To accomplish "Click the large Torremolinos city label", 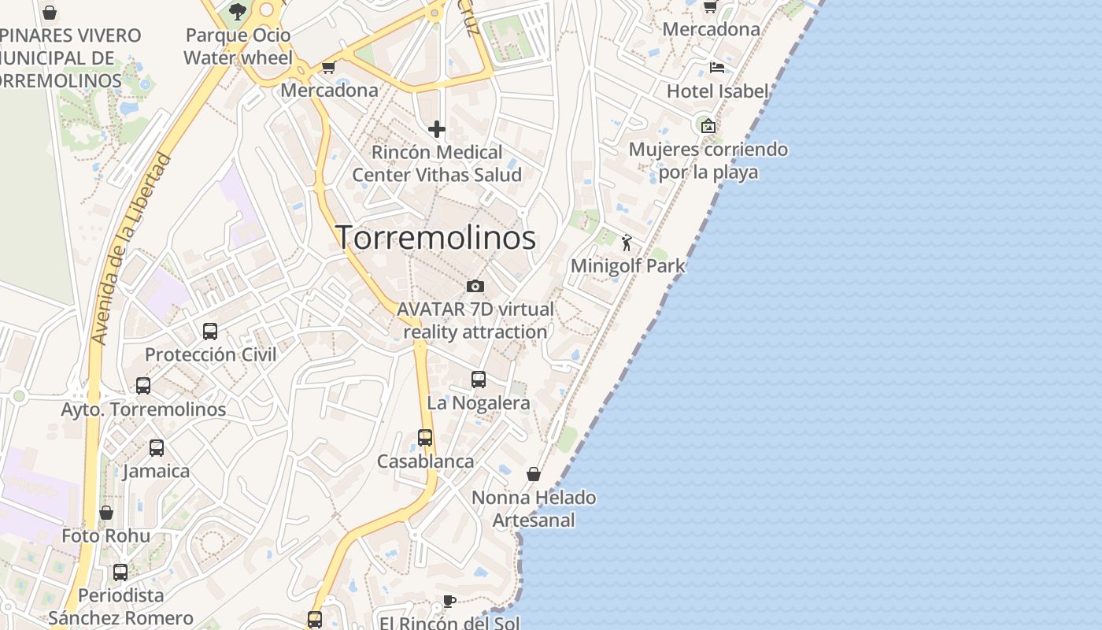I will [x=437, y=238].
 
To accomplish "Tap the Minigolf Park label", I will [x=627, y=265].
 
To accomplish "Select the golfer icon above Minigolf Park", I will [x=627, y=243].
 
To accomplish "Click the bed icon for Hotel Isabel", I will [x=716, y=67].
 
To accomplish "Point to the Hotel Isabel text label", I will [x=717, y=91].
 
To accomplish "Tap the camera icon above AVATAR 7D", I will [x=475, y=286].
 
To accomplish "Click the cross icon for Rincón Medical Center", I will [x=437, y=128].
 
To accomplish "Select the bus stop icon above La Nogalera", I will [x=478, y=380].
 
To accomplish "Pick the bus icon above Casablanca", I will [x=425, y=437].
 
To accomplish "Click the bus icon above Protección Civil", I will [x=210, y=332].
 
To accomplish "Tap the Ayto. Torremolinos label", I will [x=143, y=409].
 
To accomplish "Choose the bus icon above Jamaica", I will [x=157, y=448].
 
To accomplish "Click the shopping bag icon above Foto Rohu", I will [x=106, y=513].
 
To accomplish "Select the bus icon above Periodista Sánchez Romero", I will [x=120, y=573].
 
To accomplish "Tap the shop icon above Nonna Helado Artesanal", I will [x=534, y=474].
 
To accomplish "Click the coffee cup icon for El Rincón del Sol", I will [x=449, y=602].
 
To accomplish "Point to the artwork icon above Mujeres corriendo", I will [x=708, y=125].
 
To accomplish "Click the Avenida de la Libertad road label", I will [x=131, y=248].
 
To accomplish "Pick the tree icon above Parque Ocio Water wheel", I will [x=238, y=12].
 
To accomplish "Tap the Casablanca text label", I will [x=425, y=461].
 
